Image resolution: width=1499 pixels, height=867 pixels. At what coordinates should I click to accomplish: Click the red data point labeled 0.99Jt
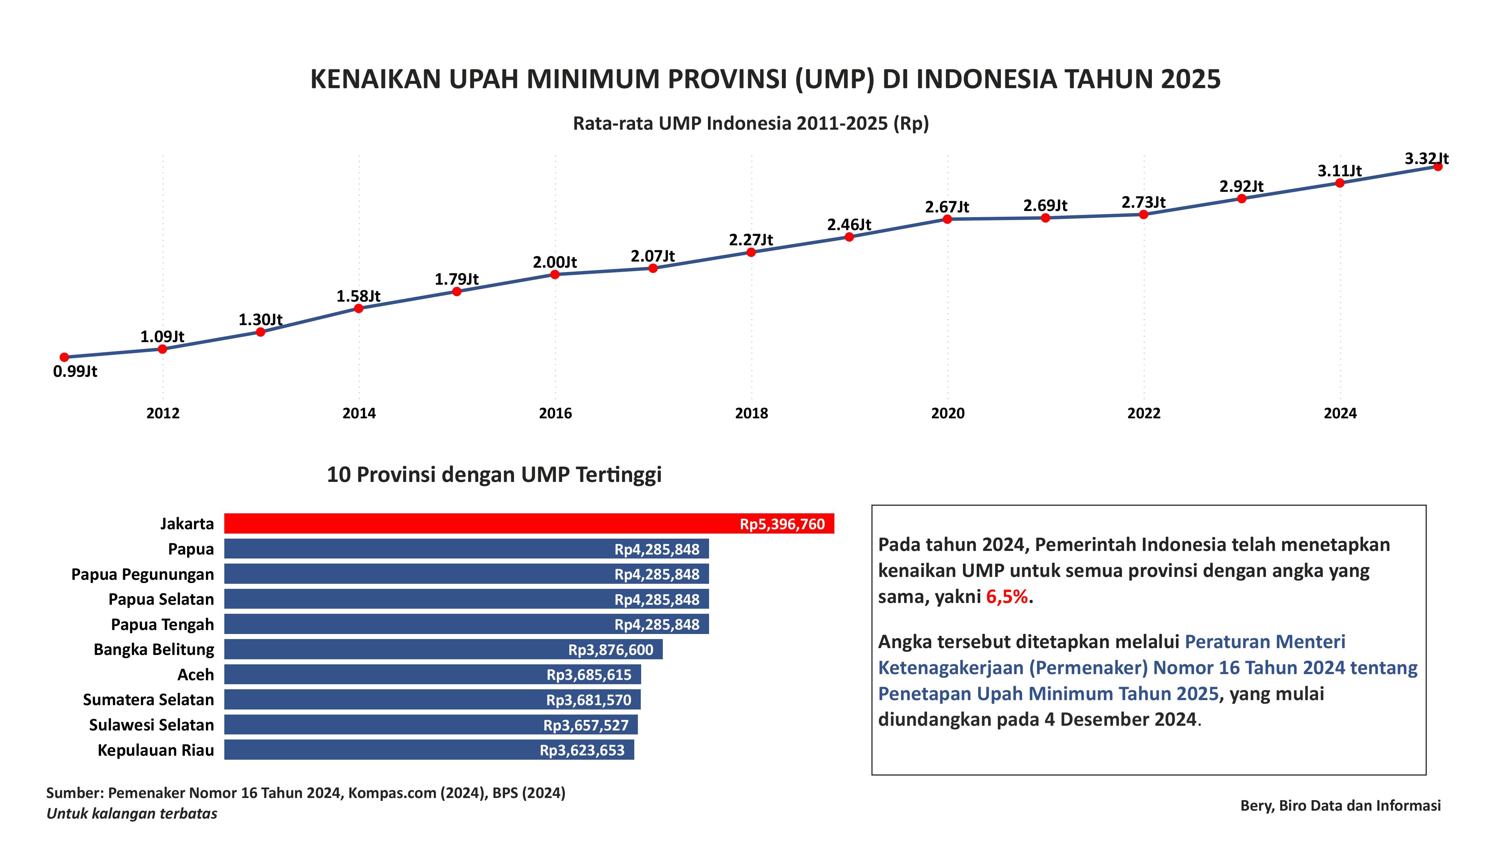(64, 357)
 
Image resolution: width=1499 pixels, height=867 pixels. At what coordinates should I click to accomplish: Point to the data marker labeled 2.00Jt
(554, 274)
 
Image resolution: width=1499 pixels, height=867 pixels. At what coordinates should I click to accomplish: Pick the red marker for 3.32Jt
(1438, 167)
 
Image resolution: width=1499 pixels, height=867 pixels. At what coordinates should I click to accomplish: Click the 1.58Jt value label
(358, 296)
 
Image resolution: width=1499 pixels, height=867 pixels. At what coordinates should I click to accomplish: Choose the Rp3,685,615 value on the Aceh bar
(588, 675)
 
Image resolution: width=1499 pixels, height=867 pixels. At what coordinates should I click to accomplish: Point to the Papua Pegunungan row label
(142, 574)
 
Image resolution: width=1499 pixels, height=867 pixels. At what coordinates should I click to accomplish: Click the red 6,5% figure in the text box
(1006, 597)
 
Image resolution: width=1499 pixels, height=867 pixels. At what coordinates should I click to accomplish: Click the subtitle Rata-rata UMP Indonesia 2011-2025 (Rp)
(750, 123)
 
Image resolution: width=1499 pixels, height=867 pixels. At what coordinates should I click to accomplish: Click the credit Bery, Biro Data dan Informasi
(1340, 806)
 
